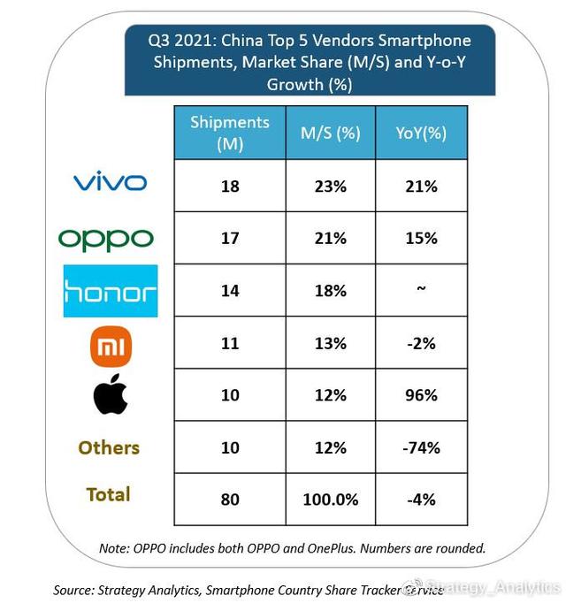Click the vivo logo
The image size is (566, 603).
pos(110,183)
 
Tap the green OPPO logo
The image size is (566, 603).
pos(106,239)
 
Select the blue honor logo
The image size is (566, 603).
pos(111,291)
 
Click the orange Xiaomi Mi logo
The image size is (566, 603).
pos(111,346)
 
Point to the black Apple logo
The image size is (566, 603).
pos(111,396)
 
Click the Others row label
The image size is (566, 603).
pos(109,447)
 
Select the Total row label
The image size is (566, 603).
pos(109,494)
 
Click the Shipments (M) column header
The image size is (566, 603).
pos(229,133)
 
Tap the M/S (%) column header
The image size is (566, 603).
pos(330,133)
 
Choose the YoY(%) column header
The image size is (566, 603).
pos(421,133)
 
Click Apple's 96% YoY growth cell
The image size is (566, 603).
pos(421,395)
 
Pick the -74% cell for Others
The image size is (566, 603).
pos(421,447)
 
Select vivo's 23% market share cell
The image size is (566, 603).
pos(330,187)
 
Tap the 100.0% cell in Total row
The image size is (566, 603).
pos(330,500)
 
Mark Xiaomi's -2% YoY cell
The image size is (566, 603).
pos(421,343)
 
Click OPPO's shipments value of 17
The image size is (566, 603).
pos(230,239)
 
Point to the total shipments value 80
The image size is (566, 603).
pos(230,500)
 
